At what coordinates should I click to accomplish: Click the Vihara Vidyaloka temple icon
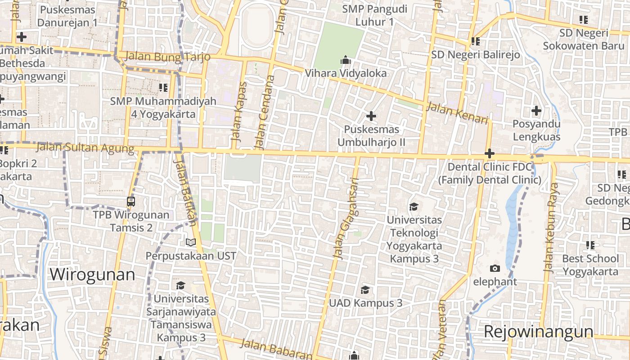pyautogui.click(x=346, y=59)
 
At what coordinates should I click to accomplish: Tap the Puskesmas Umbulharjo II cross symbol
pyautogui.click(x=371, y=116)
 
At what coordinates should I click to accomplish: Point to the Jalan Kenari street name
pyautogui.click(x=457, y=113)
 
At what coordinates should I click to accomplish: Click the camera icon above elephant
pyautogui.click(x=495, y=268)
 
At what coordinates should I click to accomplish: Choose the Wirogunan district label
pyautogui.click(x=92, y=274)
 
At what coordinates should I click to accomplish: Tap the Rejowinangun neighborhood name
pyautogui.click(x=539, y=331)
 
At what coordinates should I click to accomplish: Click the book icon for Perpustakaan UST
pyautogui.click(x=191, y=242)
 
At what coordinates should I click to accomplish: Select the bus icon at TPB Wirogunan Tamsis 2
pyautogui.click(x=131, y=201)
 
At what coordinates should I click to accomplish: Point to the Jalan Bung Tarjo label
pyautogui.click(x=168, y=57)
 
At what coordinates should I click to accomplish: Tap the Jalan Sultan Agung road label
pyautogui.click(x=85, y=147)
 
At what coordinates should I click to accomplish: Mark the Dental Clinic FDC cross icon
pyautogui.click(x=490, y=153)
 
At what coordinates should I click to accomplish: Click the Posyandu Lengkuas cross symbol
pyautogui.click(x=536, y=110)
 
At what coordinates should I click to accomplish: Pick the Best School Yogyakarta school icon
pyautogui.click(x=590, y=245)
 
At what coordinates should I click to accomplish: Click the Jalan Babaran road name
pyautogui.click(x=276, y=349)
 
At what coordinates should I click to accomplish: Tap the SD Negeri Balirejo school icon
pyautogui.click(x=475, y=41)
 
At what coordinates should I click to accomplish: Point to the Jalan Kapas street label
pyautogui.click(x=239, y=115)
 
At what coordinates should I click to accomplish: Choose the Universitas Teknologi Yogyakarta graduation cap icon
pyautogui.click(x=414, y=206)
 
